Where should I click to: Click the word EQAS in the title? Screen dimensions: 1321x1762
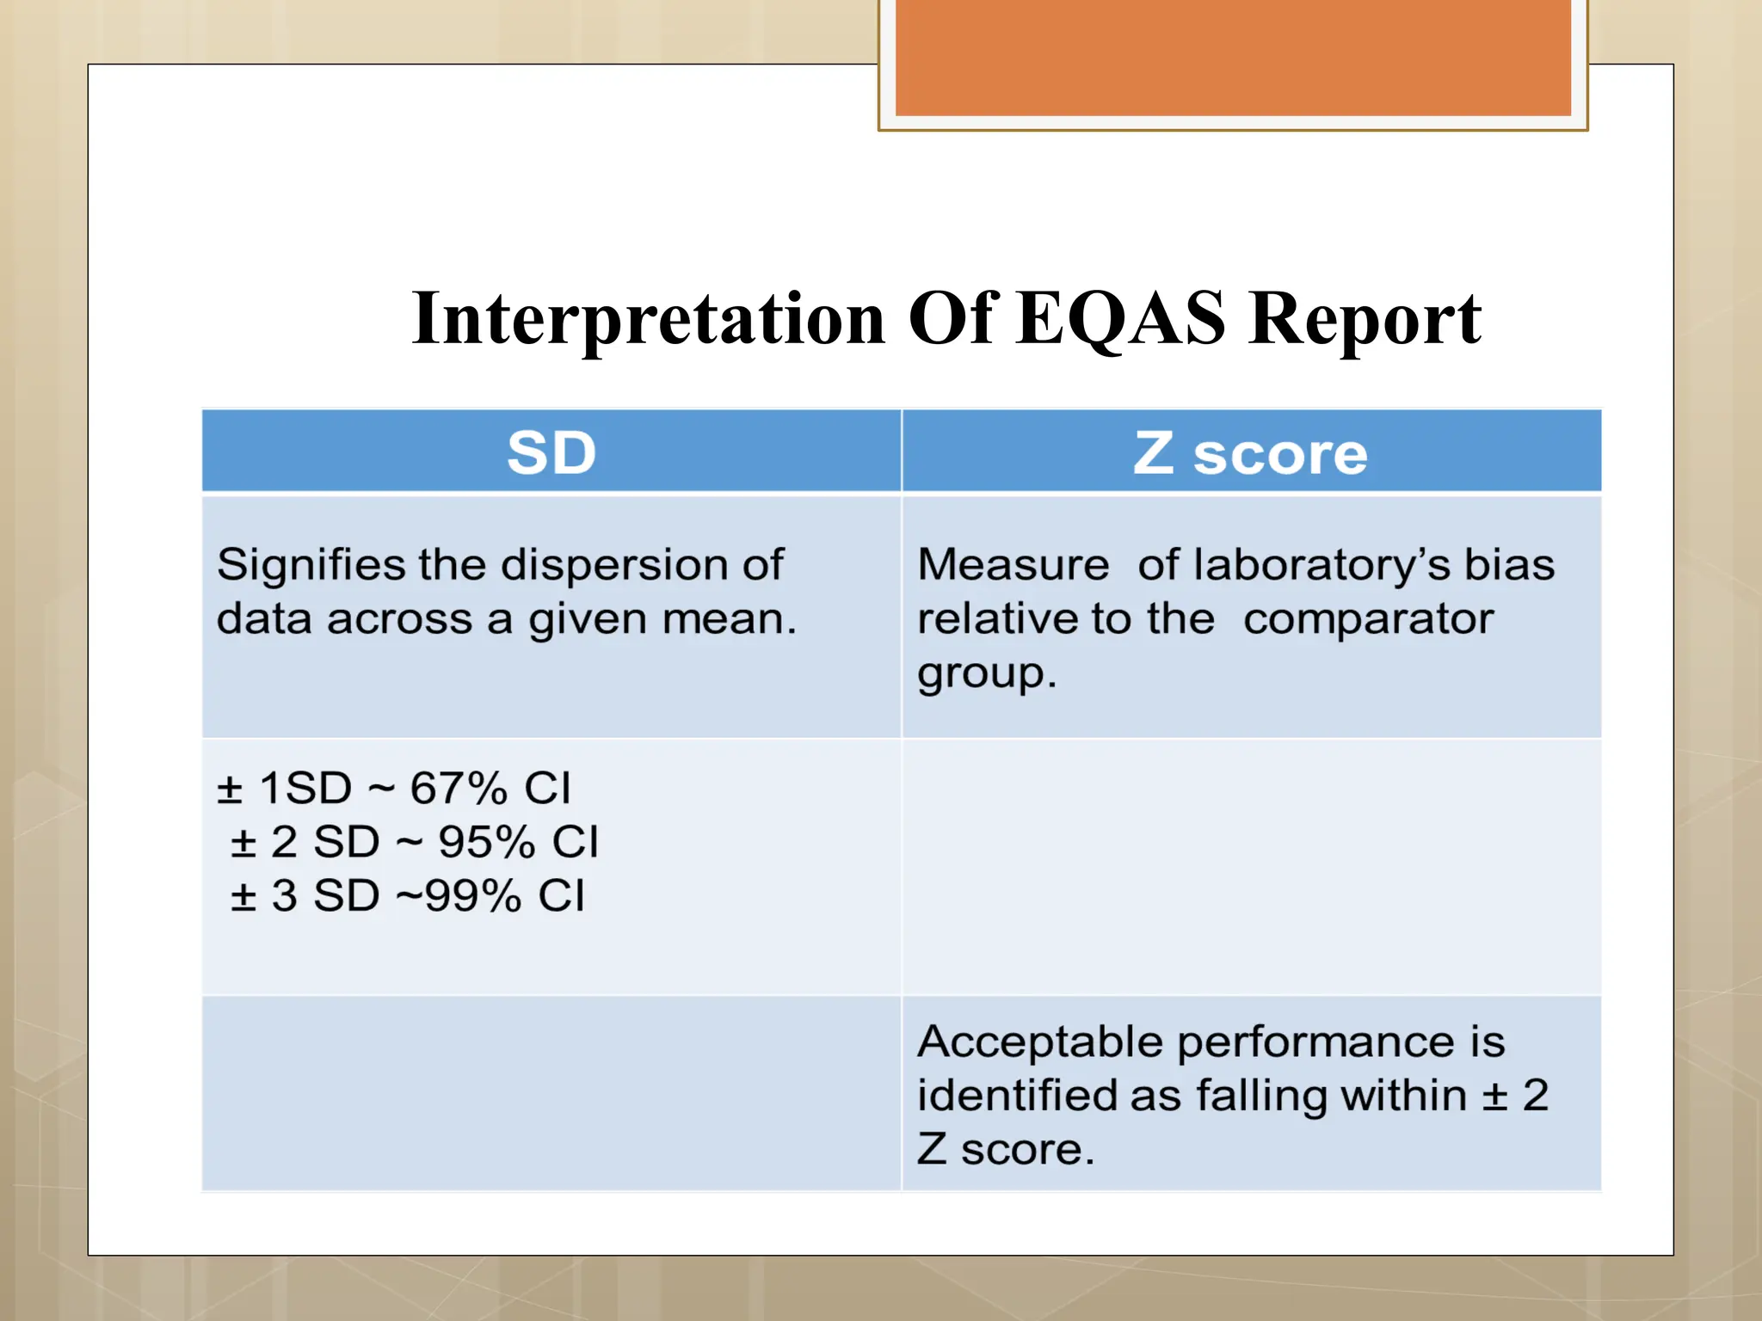pos(1119,319)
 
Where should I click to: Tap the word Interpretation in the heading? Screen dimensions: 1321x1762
pos(649,319)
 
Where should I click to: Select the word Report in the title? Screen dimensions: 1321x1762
pos(1365,319)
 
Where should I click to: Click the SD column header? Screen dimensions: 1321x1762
pos(551,452)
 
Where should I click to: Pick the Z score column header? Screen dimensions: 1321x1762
pos(1250,452)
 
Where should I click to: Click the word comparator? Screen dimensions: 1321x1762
pos(1368,619)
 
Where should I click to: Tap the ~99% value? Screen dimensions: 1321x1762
pos(459,896)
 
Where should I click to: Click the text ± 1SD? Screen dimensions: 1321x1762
pos(284,788)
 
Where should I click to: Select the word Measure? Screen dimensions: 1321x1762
pos(1013,565)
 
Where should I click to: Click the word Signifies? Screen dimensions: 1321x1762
pos(311,565)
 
